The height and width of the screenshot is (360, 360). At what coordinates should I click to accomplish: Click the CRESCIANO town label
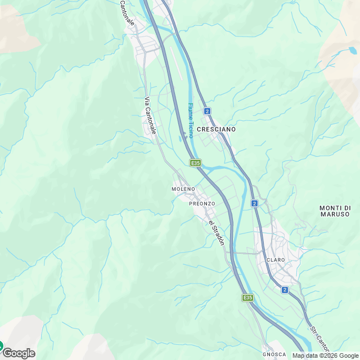[216, 129]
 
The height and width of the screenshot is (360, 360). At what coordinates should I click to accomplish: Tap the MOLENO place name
[183, 189]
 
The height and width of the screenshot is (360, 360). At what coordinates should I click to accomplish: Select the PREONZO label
[202, 203]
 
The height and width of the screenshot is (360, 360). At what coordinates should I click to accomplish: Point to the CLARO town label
[276, 260]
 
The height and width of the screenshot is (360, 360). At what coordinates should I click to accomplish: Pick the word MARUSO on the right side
[335, 214]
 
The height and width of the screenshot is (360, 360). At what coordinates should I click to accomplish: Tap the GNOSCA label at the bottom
[274, 354]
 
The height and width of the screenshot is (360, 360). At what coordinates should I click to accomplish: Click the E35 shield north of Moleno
[195, 163]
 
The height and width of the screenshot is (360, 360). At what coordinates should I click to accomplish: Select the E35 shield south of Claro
[247, 297]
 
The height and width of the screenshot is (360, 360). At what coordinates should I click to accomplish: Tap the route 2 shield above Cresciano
[208, 111]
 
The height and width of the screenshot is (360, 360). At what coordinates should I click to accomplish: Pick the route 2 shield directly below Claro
[285, 290]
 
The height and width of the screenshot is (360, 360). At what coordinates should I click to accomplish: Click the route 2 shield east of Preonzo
[254, 203]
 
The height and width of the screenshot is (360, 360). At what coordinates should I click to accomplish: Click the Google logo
[19, 353]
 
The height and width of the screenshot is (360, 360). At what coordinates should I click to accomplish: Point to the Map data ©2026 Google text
[325, 355]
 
